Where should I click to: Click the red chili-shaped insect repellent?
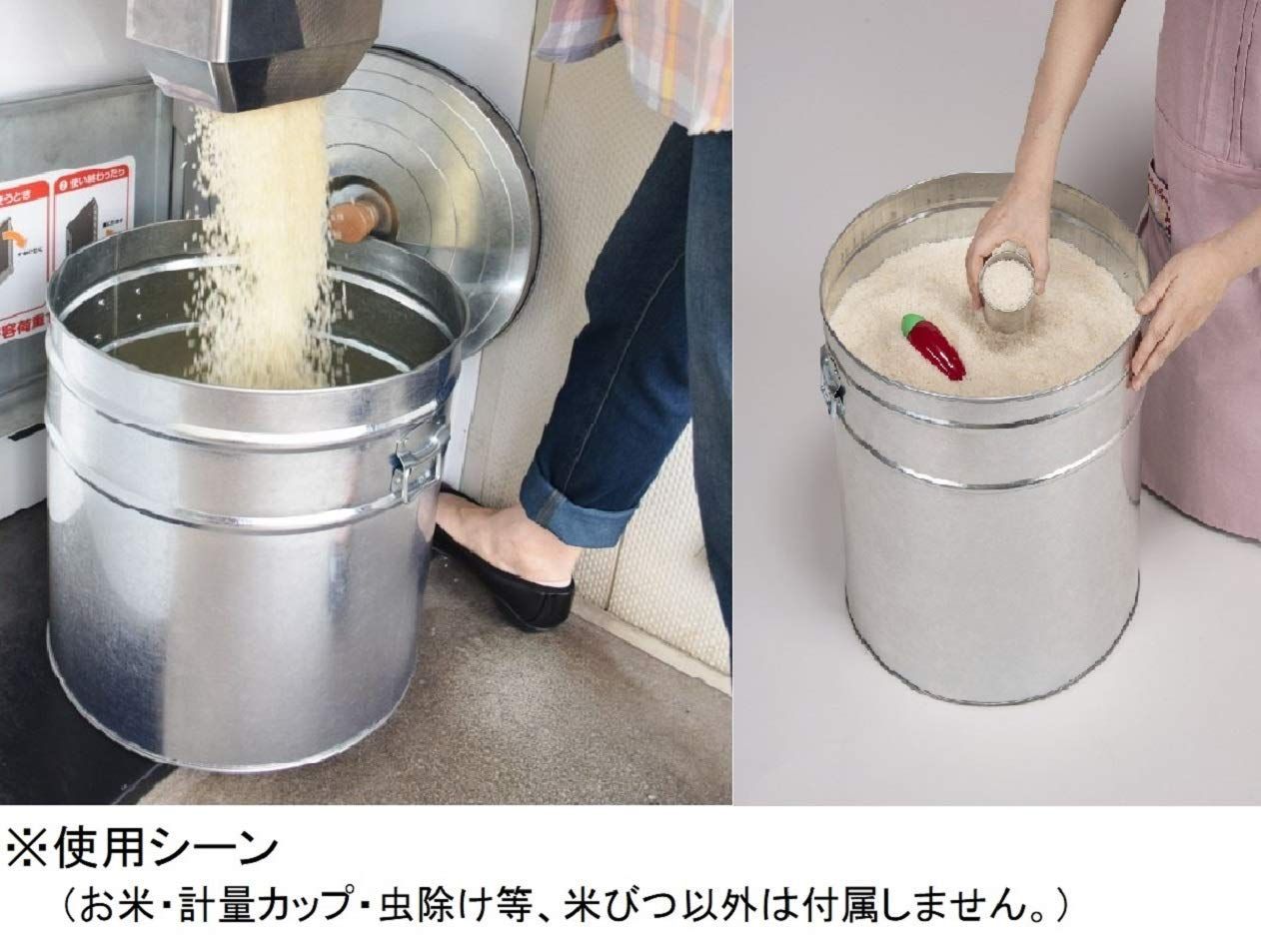937,351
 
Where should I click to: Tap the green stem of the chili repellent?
912,326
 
